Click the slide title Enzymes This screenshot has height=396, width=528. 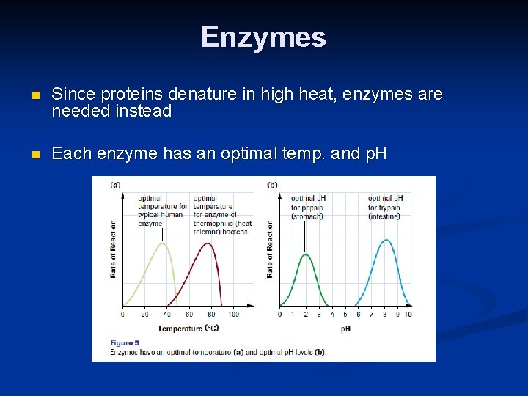pyautogui.click(x=263, y=37)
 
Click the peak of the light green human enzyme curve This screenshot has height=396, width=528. pyautogui.click(x=164, y=244)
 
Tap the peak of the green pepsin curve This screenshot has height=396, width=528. pyautogui.click(x=306, y=254)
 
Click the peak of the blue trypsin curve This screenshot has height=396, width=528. pyautogui.click(x=386, y=240)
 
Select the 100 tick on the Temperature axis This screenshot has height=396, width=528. pyautogui.click(x=233, y=315)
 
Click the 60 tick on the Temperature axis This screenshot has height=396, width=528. pyautogui.click(x=189, y=315)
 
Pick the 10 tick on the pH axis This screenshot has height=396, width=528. pyautogui.click(x=408, y=315)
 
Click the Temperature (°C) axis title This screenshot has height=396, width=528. pyautogui.click(x=188, y=328)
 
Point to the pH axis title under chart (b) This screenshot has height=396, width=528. pyautogui.click(x=345, y=328)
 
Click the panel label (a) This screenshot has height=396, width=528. pyautogui.click(x=115, y=185)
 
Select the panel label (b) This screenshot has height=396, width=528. pyautogui.click(x=272, y=185)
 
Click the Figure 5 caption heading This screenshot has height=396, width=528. pyautogui.click(x=125, y=342)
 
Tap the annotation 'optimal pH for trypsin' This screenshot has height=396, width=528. pyautogui.click(x=385, y=207)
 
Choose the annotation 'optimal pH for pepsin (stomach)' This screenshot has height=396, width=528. pyautogui.click(x=307, y=207)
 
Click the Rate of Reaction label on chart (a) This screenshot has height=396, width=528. pyautogui.click(x=114, y=249)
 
